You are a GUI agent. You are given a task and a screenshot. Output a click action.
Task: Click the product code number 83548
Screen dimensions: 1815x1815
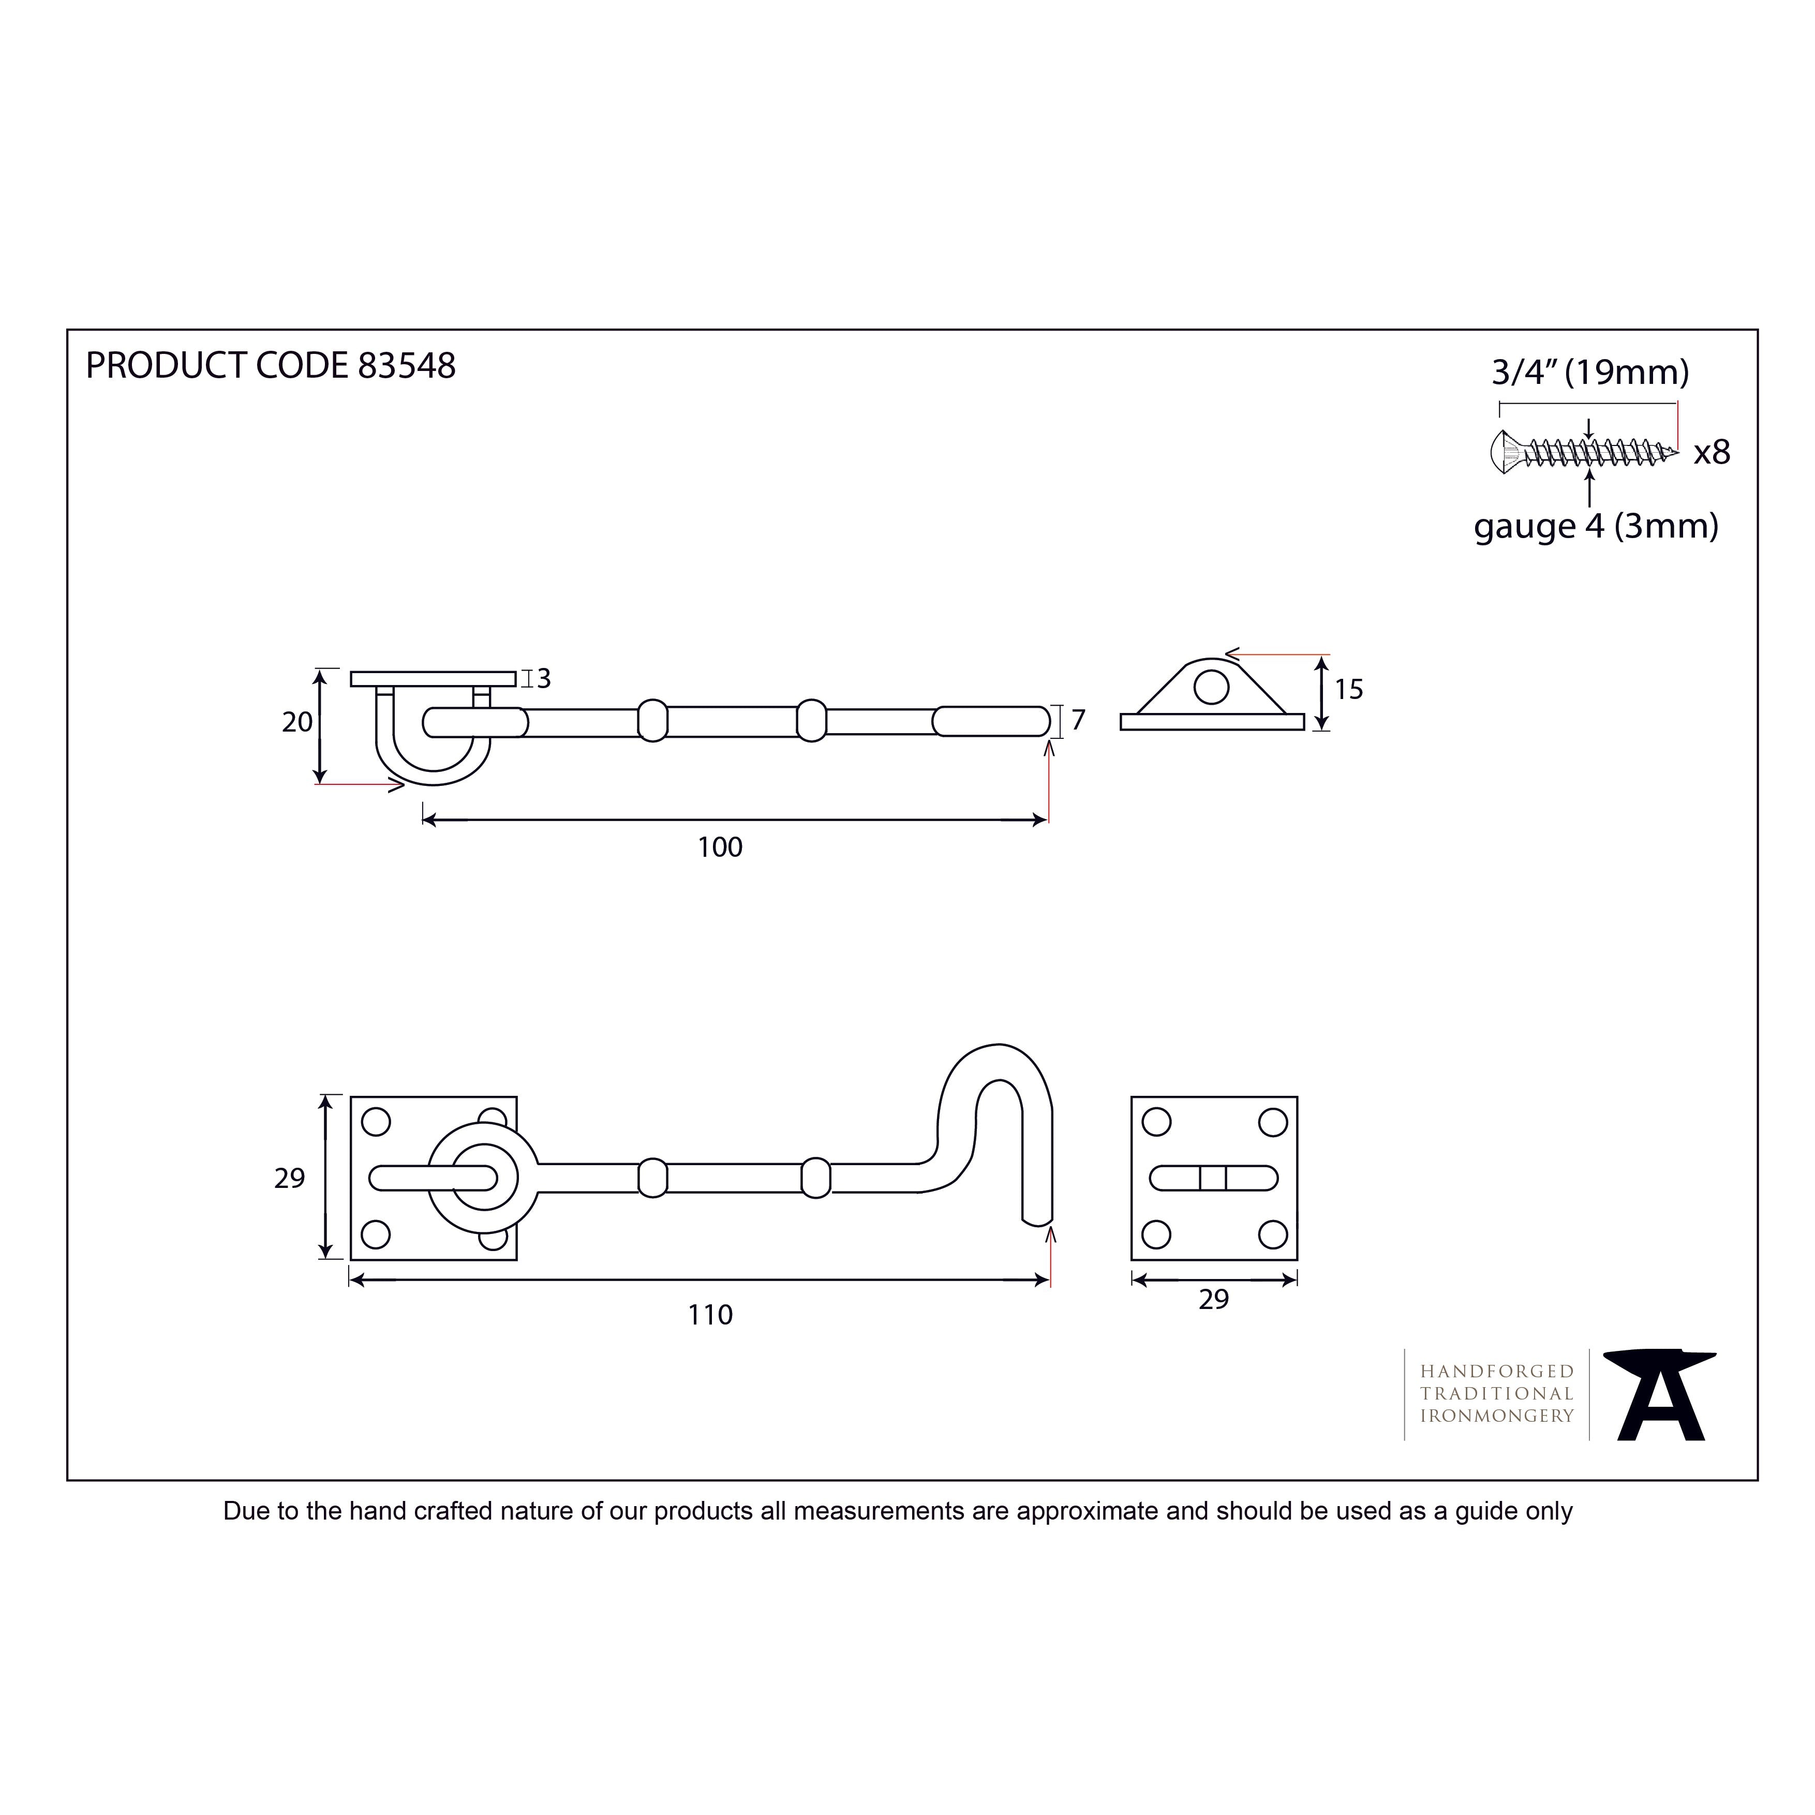click(407, 365)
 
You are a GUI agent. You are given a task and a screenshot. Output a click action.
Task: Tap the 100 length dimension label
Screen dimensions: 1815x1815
click(720, 847)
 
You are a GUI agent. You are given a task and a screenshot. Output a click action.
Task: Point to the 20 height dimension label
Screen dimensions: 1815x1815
click(297, 721)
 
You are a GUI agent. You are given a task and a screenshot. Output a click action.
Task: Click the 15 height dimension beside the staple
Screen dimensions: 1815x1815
click(1348, 690)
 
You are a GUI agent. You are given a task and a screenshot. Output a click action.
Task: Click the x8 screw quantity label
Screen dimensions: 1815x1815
click(1712, 453)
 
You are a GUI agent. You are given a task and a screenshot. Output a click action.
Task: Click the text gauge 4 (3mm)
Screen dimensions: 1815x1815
click(1596, 526)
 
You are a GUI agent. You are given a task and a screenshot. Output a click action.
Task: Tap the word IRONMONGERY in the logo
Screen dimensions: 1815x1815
click(1496, 1416)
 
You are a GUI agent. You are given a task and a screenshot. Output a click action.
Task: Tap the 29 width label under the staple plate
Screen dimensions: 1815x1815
click(1214, 1299)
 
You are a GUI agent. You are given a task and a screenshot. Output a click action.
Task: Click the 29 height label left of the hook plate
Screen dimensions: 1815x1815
click(289, 1178)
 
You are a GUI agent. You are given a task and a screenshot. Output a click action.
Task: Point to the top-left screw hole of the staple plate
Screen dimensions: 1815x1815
click(1156, 1122)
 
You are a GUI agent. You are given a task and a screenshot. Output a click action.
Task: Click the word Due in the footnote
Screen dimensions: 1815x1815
click(246, 1511)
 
